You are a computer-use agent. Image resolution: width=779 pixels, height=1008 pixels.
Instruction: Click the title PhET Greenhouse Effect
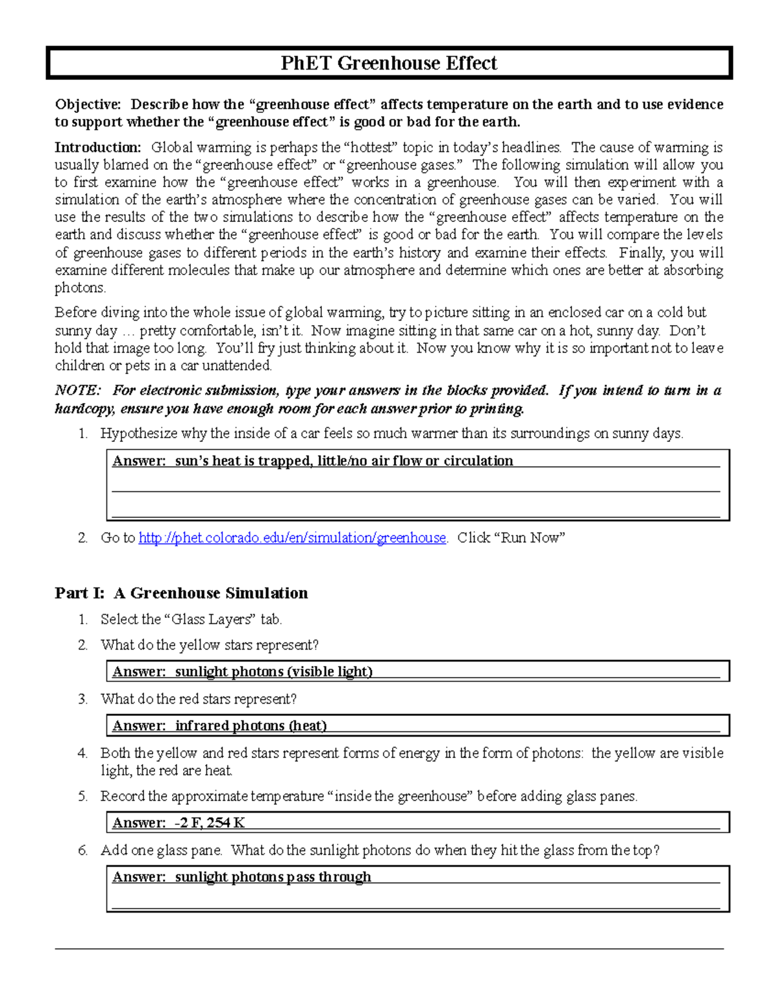click(x=389, y=63)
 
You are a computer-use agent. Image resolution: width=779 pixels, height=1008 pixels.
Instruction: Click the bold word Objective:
click(x=88, y=104)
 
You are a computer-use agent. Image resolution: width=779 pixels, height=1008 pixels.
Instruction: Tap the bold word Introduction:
click(x=97, y=147)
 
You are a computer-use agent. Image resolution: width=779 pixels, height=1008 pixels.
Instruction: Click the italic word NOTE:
click(x=77, y=390)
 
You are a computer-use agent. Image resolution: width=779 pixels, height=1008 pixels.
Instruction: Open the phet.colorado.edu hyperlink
click(x=292, y=537)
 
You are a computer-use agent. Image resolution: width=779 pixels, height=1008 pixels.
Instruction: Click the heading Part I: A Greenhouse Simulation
click(x=181, y=593)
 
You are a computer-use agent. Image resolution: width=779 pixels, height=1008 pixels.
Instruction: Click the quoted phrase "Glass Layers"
click(x=210, y=619)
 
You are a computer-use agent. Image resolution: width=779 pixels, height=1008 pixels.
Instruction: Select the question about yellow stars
click(x=209, y=645)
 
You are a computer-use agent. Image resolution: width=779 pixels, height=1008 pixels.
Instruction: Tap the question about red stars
click(x=198, y=699)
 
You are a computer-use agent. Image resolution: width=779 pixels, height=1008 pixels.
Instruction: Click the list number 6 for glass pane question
click(x=82, y=850)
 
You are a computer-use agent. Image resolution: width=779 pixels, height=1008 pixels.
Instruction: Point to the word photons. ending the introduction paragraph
click(x=80, y=288)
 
